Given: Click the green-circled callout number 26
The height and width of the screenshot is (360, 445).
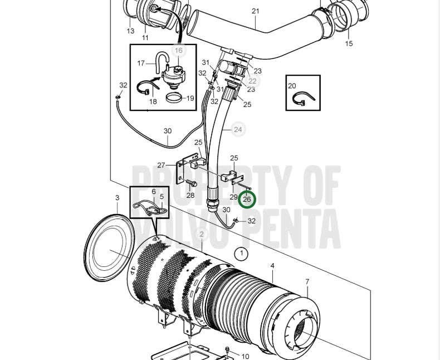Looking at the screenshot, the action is click(247, 200).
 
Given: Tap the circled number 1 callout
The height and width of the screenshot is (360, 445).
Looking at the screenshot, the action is click(242, 253).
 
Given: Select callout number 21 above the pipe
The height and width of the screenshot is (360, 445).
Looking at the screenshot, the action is click(256, 11).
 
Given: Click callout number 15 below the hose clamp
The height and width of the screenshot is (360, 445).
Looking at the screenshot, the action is click(349, 43).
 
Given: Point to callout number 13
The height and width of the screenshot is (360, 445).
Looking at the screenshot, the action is click(130, 31).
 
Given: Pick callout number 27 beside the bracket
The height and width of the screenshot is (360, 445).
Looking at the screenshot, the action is click(161, 166).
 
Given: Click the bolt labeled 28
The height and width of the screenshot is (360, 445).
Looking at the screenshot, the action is click(192, 183).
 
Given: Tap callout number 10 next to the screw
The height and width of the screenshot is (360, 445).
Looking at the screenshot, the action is click(245, 356).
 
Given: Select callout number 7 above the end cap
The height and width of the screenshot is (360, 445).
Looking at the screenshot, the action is click(307, 281).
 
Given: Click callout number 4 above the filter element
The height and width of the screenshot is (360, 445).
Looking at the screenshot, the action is click(272, 266).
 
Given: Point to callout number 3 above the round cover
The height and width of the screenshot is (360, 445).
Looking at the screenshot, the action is click(117, 198).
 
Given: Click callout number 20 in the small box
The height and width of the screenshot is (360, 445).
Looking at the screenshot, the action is click(292, 86).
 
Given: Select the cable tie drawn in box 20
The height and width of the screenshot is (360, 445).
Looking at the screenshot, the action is click(303, 98).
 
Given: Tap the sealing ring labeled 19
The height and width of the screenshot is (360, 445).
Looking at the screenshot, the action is click(174, 98).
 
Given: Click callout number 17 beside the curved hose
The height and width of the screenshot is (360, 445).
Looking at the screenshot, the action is click(141, 63).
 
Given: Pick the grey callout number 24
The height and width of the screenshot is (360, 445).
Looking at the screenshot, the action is click(238, 129).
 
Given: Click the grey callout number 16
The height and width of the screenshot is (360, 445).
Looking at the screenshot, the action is click(178, 51).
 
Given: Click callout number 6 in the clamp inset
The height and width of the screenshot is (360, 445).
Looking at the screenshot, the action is click(154, 192).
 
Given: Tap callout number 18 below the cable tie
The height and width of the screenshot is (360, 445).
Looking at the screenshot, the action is click(153, 101).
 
